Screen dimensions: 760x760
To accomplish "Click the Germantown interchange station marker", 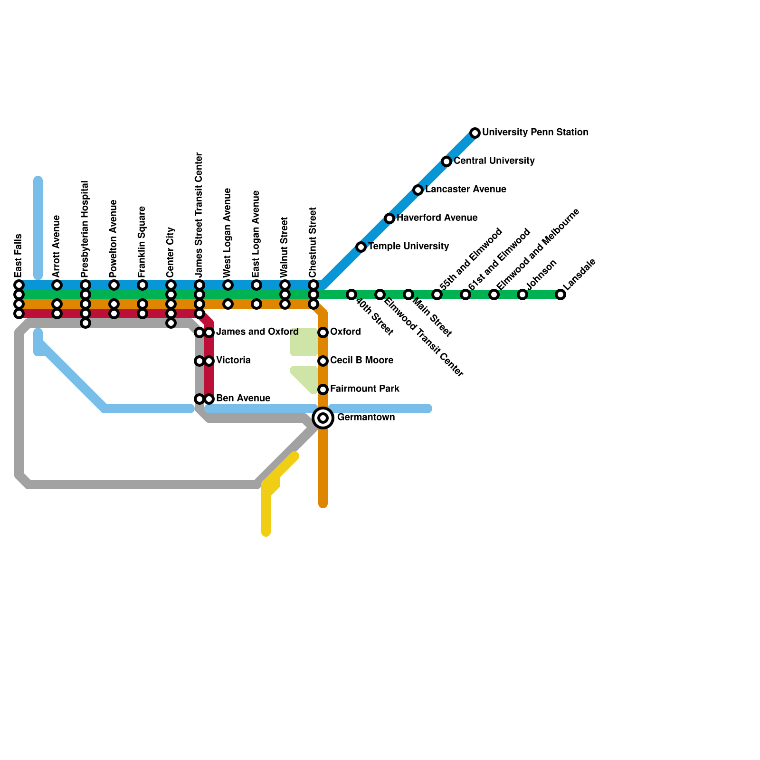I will tap(323, 418).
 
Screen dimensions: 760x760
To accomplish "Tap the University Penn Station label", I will tap(535, 132).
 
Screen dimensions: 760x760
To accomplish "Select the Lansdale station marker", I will tap(560, 294).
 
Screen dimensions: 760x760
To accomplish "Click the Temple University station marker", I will tap(361, 247).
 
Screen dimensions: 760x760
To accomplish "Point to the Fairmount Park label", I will tap(365, 389).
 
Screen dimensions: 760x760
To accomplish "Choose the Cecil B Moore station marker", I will tap(323, 361).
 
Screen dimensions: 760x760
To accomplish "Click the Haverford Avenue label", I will tap(437, 218).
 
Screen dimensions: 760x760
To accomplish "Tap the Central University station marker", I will tap(446, 161).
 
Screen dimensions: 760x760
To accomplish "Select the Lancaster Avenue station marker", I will tap(418, 190).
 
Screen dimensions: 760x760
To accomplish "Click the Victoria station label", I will tap(233, 361).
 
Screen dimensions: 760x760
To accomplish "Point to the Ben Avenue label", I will tap(243, 399).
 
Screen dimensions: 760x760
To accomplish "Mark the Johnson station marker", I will tap(522, 294).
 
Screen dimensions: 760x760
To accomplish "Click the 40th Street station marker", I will tap(351, 294).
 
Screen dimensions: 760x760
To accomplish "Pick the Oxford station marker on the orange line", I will tap(323, 332).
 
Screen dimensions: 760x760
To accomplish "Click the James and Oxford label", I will tap(257, 332).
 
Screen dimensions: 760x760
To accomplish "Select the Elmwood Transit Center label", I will tap(423, 337).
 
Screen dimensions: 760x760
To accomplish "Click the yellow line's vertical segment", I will tap(266, 513).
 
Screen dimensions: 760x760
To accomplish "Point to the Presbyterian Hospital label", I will tap(85, 229).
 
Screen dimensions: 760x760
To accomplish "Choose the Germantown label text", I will tap(366, 418).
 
